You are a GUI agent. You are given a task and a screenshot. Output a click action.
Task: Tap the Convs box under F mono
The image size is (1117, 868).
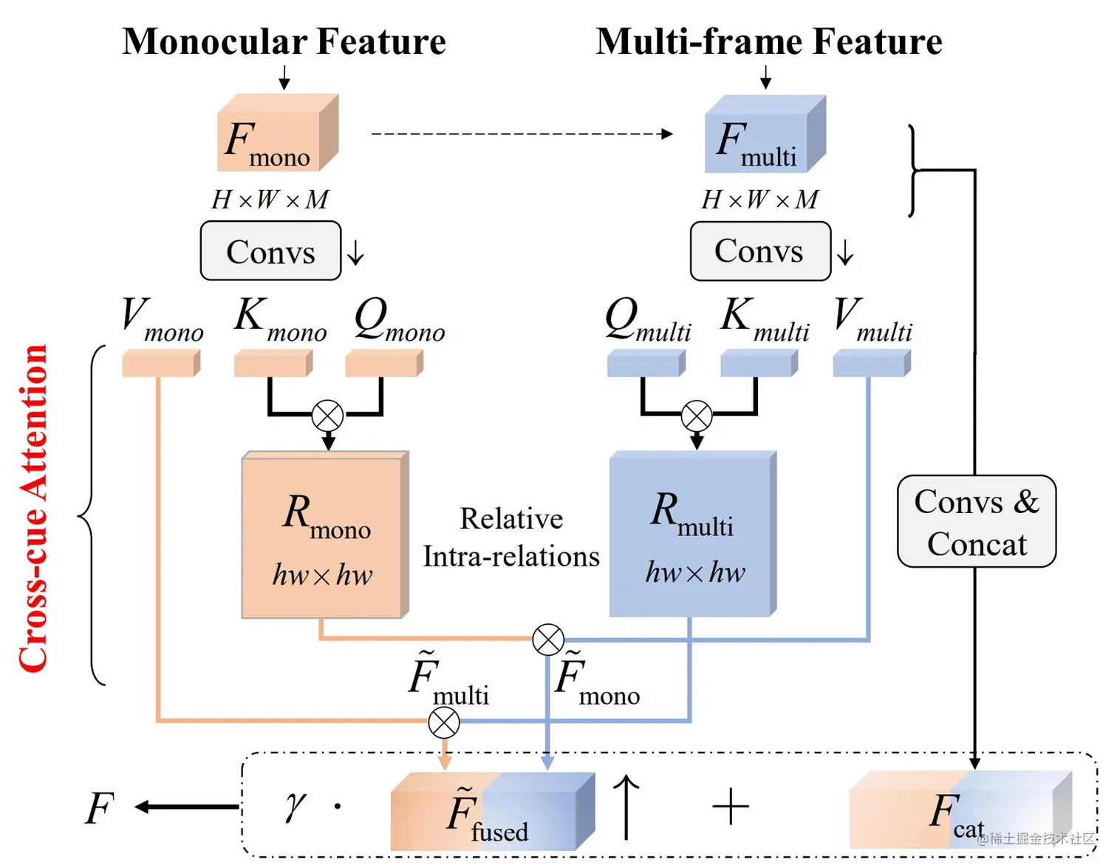(270, 251)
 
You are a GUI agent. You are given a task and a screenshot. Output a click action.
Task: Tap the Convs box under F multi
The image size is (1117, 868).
(759, 251)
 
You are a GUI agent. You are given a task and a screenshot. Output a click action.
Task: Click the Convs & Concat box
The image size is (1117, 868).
(976, 522)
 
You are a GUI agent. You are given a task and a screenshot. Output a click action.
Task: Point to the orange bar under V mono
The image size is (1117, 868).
(160, 364)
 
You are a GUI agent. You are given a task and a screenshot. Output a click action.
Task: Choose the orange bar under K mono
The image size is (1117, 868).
(273, 364)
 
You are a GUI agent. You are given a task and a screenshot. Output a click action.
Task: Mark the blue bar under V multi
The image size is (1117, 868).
(871, 364)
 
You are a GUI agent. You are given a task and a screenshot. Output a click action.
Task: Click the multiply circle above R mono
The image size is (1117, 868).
(327, 416)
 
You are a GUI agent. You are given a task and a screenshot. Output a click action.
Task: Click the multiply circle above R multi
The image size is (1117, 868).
(696, 416)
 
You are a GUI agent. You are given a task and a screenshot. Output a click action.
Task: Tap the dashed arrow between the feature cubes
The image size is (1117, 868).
(522, 134)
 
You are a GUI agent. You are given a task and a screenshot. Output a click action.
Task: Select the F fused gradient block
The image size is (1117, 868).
(491, 811)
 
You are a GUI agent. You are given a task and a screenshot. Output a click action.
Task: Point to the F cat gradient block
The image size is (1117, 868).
(960, 810)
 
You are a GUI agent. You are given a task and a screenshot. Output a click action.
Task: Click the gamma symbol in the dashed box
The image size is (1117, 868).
(295, 805)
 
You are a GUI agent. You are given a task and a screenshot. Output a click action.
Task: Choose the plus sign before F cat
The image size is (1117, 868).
(731, 806)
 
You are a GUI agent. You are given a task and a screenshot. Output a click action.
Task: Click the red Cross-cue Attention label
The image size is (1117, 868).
(34, 509)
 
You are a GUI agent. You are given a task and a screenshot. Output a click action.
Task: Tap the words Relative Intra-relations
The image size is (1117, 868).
(511, 538)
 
